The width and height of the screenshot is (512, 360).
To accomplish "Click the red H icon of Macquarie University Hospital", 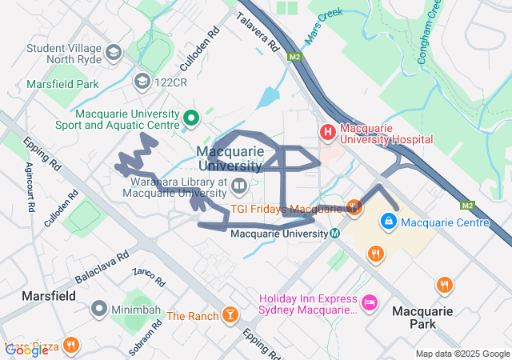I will click(x=327, y=131).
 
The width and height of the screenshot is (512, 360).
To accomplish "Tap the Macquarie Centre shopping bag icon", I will click(x=388, y=219).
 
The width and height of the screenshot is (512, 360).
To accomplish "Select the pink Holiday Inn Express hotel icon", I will click(x=369, y=302).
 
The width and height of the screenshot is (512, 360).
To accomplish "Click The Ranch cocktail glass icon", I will click(x=230, y=315).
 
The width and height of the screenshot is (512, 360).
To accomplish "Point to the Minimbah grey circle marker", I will click(x=99, y=308).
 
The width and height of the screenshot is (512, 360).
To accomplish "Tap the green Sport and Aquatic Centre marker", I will click(x=191, y=118).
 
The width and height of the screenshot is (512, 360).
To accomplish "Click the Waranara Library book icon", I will click(x=239, y=186).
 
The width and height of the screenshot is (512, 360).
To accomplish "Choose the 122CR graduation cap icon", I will click(x=142, y=80).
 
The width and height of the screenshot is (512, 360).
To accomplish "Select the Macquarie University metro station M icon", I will click(x=334, y=234).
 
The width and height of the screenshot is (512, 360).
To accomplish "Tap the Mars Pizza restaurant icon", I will click(x=71, y=346).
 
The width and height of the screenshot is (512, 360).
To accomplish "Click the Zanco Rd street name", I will click(x=149, y=278).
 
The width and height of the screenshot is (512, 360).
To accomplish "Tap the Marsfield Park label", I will click(x=62, y=83).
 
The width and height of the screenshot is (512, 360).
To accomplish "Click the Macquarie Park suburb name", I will click(x=423, y=317).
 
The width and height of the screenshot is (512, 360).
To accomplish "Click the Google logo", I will click(x=26, y=350).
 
